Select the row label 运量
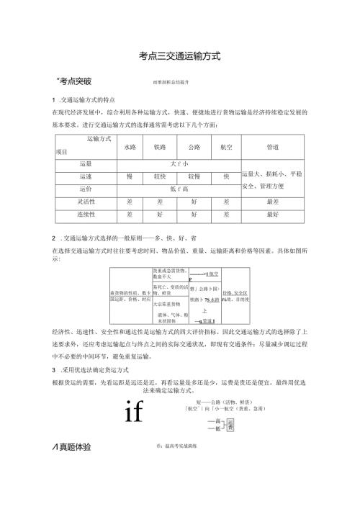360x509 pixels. pyautogui.click(x=86, y=163)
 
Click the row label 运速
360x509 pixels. pyautogui.click(x=86, y=176)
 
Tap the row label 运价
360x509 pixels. pyautogui.click(x=86, y=189)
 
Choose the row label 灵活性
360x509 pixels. pyautogui.click(x=86, y=202)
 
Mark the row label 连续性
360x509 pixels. pyautogui.click(x=86, y=215)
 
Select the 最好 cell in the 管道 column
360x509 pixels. pyautogui.click(x=272, y=215)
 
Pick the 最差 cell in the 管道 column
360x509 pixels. pyautogui.click(x=272, y=202)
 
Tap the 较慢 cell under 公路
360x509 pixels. pyautogui.click(x=193, y=176)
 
